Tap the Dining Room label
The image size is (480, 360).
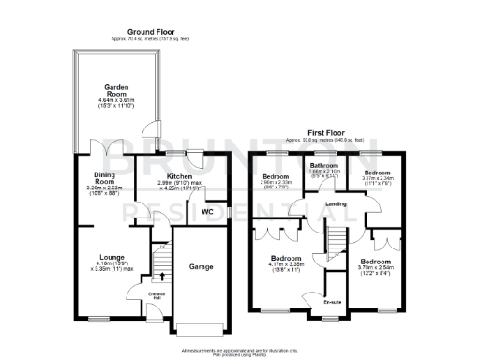pyautogui.click(x=104, y=175)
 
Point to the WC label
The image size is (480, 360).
pyautogui.click(x=208, y=213)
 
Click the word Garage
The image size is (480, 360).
pyautogui.click(x=202, y=267)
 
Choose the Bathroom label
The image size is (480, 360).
pyautogui.click(x=324, y=165)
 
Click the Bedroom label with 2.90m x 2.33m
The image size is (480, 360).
pyautogui.click(x=278, y=176)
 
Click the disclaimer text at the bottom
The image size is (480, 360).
pyautogui.click(x=240, y=349)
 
